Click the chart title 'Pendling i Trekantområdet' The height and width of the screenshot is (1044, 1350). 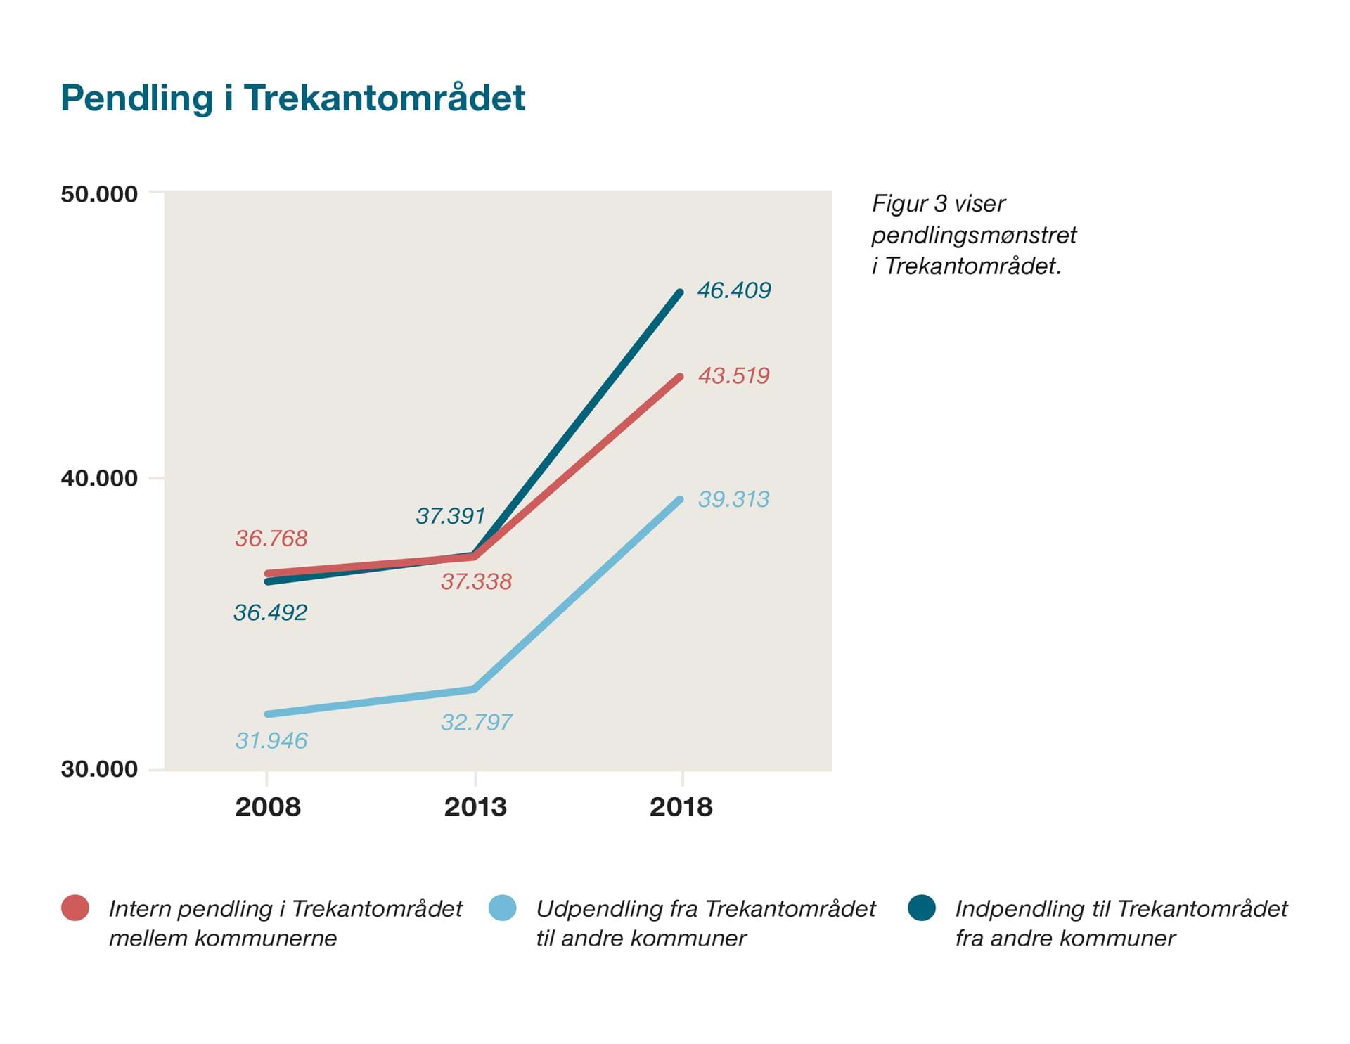point(292,98)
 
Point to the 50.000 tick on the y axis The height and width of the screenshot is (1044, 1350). point(99,194)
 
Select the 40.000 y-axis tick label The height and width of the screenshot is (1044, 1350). point(99,479)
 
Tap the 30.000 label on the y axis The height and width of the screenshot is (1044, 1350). point(99,769)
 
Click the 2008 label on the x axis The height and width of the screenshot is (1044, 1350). point(267,807)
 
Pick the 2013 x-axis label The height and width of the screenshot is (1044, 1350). point(475,807)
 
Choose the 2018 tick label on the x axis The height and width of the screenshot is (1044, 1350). point(681,807)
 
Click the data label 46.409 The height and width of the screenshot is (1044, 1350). point(734,290)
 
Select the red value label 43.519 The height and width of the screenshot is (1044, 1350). point(733,376)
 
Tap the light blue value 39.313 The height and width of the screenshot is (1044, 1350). point(733,500)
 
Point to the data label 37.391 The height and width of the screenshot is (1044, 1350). point(451,516)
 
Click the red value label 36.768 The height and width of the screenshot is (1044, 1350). point(271,539)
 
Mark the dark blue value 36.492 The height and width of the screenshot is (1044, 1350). point(270,613)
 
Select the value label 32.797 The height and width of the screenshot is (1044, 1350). point(476,723)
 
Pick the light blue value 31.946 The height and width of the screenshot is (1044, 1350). point(271,741)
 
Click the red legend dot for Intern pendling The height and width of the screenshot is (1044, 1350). point(75,908)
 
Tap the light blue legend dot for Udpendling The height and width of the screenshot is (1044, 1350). point(503,908)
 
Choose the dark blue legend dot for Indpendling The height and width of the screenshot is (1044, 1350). point(921,908)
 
